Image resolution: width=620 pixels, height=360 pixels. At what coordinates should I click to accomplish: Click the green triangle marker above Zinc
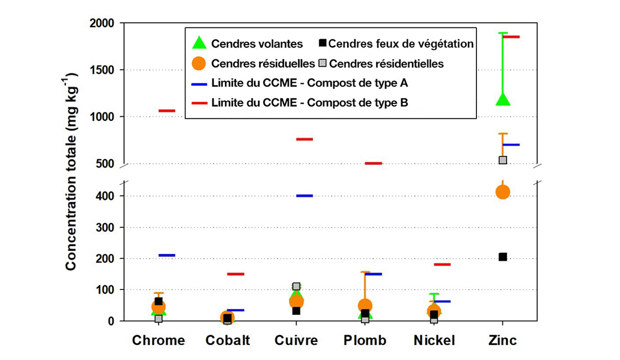coord(502,99)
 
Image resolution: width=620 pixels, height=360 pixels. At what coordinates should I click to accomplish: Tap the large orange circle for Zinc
coord(502,192)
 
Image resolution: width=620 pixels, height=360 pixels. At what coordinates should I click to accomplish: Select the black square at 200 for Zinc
coord(503,257)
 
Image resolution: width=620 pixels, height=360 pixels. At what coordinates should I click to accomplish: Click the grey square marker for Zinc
coord(503,160)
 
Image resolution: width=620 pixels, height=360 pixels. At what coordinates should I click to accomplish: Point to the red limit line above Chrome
coord(167,111)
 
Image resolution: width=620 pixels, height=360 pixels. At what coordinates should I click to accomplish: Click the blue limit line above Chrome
coord(167,255)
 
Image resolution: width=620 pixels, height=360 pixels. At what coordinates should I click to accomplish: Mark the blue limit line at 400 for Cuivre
coord(304,196)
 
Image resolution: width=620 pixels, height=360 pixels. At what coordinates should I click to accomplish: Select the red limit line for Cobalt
coord(235,274)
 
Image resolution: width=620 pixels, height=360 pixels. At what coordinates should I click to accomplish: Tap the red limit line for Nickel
coord(442,264)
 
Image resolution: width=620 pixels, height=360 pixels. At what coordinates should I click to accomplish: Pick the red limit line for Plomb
coord(373,163)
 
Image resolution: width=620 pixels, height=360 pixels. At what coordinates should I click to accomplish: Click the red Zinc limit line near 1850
coord(511,37)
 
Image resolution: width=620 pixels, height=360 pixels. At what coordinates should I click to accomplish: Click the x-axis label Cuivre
coord(296,340)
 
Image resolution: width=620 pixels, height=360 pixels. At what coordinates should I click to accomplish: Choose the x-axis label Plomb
coord(365,340)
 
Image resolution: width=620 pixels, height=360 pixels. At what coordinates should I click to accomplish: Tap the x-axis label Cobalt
coord(227,340)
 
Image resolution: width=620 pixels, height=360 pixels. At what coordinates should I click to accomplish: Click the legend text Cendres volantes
coord(257,43)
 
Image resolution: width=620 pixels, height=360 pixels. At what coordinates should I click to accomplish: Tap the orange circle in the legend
coord(198,64)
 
